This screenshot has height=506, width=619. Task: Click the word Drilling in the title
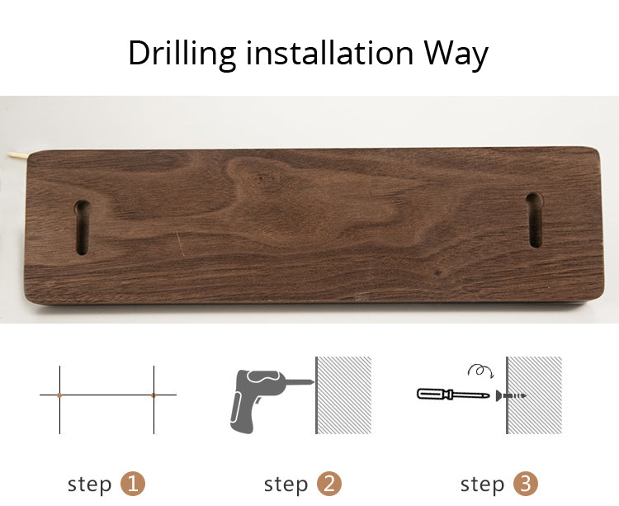tap(182, 54)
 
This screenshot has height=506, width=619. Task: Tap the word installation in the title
tap(329, 53)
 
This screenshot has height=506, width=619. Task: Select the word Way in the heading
tap(456, 54)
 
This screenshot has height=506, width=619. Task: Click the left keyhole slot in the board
tap(82, 227)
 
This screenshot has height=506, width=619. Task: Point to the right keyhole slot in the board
tap(535, 220)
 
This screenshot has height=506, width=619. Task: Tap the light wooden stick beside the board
tap(17, 156)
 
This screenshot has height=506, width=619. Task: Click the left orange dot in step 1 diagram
tap(59, 395)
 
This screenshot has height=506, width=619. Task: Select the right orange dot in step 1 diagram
tap(154, 395)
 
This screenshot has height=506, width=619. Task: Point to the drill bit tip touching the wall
tap(314, 381)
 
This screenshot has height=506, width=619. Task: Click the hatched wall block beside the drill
tap(343, 395)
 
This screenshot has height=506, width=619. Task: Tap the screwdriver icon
tap(453, 394)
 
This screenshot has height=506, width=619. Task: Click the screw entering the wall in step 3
tap(511, 395)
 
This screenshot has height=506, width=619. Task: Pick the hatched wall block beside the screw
tap(534, 395)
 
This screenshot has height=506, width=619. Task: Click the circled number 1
tap(133, 484)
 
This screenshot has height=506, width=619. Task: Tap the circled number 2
tap(329, 484)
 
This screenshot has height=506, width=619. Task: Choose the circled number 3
tap(526, 484)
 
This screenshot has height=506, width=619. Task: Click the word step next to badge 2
tap(286, 485)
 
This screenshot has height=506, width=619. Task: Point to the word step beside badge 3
tap(483, 485)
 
